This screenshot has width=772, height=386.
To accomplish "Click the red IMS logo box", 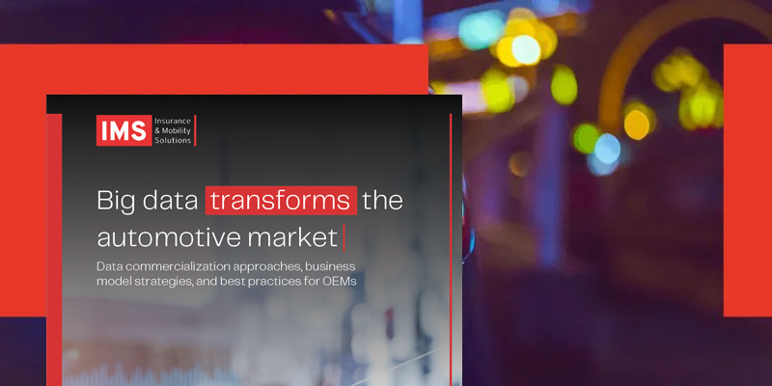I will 123,130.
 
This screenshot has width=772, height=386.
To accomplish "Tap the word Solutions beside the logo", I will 172,140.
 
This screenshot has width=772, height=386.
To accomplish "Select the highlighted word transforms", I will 281,201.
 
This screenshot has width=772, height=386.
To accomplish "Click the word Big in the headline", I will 118,201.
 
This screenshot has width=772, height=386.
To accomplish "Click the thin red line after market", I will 345,235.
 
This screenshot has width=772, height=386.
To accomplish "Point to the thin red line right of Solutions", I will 195,130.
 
